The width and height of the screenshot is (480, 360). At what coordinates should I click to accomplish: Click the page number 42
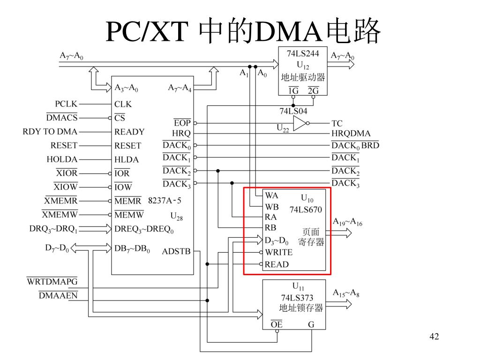click(434, 337)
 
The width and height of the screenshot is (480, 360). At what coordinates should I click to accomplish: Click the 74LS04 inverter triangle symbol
click(300, 123)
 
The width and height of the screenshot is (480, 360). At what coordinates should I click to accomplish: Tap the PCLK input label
click(66, 104)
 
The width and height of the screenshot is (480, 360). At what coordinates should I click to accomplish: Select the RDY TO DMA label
click(50, 132)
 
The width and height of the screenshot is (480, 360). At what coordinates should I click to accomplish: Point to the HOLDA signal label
click(62, 159)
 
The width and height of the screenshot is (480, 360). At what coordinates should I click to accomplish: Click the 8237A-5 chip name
click(165, 201)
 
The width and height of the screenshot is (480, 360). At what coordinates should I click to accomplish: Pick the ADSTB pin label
click(176, 251)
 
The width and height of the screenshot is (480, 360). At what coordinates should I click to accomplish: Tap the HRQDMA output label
click(351, 134)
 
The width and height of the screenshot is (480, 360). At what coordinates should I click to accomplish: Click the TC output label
click(337, 123)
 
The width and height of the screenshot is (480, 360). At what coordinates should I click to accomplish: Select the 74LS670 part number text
click(306, 210)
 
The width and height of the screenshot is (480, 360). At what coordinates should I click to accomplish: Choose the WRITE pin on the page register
click(278, 252)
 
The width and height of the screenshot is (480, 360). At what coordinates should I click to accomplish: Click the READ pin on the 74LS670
click(277, 264)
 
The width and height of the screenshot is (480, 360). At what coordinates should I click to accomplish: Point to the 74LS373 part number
click(297, 298)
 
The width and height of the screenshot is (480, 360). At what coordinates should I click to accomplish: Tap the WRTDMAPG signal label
click(52, 282)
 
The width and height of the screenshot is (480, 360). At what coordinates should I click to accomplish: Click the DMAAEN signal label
click(58, 295)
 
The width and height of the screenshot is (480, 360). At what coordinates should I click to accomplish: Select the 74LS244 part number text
click(303, 53)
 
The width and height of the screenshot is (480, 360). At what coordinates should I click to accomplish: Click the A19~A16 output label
click(347, 222)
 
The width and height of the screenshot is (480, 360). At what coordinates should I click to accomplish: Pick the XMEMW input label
click(60, 215)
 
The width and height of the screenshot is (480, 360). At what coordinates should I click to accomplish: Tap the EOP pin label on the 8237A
click(182, 123)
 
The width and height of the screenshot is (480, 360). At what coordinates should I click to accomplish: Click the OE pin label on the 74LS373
click(277, 324)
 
